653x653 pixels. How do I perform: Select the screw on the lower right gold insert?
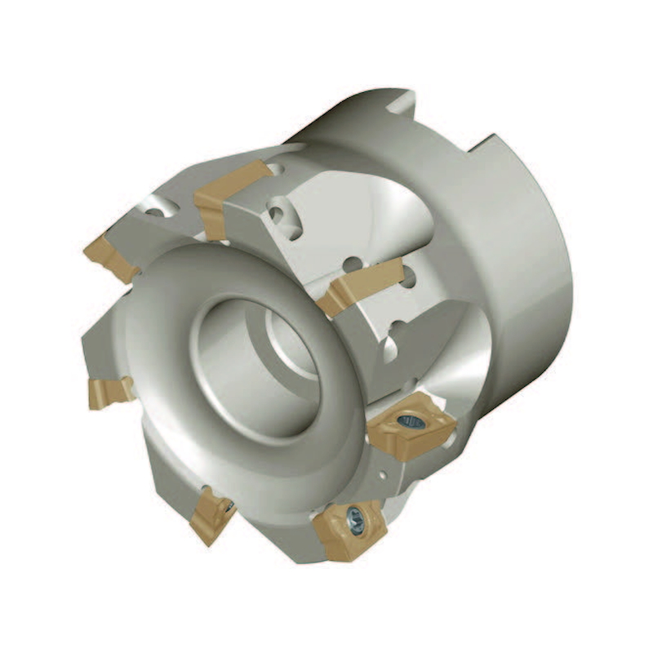pyautogui.click(x=410, y=421)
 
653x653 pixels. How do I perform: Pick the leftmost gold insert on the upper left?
pyautogui.click(x=110, y=256)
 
